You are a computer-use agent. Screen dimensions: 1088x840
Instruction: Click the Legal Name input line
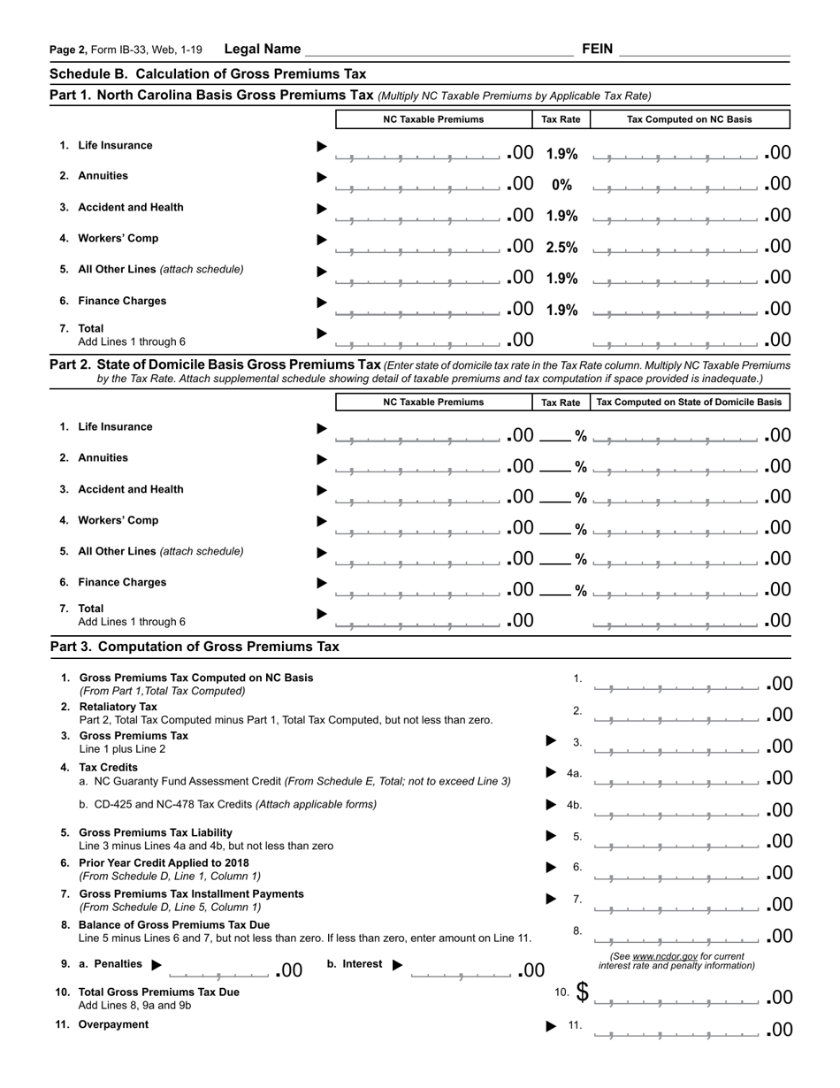(x=439, y=50)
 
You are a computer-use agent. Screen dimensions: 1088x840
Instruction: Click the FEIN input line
(x=704, y=50)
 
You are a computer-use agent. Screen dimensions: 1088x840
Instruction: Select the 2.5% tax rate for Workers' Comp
(x=561, y=247)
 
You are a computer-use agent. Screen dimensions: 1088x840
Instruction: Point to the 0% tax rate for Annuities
(x=561, y=185)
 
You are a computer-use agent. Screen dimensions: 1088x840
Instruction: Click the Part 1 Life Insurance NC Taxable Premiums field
(x=419, y=155)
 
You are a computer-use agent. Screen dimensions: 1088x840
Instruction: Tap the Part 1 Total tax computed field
(x=676, y=341)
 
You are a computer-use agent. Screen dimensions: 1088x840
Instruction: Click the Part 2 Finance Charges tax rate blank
(x=556, y=589)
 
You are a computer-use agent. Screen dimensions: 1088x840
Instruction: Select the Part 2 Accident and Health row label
(x=131, y=489)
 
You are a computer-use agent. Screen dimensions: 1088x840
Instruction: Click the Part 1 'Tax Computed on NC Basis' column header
(x=690, y=119)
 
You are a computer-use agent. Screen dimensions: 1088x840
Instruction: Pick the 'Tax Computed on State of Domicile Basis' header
(x=690, y=402)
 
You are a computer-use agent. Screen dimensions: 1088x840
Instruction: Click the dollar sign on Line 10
(x=582, y=992)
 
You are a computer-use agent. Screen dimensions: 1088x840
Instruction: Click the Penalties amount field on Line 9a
(x=219, y=972)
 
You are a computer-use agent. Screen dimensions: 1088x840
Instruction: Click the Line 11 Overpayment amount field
(x=676, y=1031)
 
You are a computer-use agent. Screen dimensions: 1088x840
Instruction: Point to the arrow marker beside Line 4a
(x=551, y=773)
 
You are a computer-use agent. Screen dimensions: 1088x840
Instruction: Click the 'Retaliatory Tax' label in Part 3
(x=118, y=707)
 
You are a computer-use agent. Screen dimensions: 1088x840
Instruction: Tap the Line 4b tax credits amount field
(x=676, y=810)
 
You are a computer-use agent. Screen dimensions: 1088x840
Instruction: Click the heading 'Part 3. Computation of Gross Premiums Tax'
(x=195, y=647)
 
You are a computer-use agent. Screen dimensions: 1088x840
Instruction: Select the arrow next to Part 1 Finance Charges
(x=322, y=303)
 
